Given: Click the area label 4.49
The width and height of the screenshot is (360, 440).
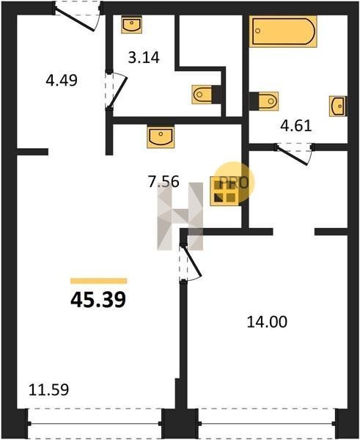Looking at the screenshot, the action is (x=62, y=81).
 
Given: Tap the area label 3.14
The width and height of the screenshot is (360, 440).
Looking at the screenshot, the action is (x=144, y=57).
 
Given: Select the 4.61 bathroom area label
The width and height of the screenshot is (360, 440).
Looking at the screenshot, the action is (x=296, y=125).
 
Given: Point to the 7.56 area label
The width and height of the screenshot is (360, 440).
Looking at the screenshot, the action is (x=164, y=181).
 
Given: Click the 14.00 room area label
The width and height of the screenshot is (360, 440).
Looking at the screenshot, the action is (x=267, y=322).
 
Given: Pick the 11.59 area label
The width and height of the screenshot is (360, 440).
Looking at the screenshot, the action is (x=49, y=390).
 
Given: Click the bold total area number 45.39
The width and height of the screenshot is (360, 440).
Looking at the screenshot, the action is (x=98, y=299).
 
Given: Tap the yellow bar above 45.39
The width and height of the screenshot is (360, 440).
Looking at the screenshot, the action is (x=98, y=281).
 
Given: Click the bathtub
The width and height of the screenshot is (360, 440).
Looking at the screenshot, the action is (x=283, y=32).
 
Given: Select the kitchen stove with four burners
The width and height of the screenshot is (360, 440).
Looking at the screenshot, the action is (x=225, y=191).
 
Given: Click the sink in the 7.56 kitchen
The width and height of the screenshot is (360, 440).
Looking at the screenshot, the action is (x=161, y=136).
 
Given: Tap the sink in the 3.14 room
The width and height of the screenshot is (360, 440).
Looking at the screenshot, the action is (x=131, y=25).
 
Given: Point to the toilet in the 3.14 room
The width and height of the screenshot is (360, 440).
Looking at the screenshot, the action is (x=207, y=95).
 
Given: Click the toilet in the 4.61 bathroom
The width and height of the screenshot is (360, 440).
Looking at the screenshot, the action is (x=264, y=101).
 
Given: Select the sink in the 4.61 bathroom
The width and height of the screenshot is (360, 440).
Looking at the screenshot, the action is (x=338, y=106).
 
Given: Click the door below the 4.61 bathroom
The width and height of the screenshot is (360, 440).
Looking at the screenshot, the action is (x=293, y=154).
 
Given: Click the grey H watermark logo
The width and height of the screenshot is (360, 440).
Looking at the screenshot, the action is (x=180, y=216).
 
